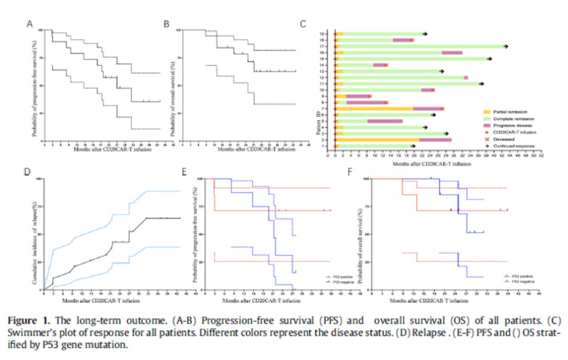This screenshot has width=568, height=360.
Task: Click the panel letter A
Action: point(28,24)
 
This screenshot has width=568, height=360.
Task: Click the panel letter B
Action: point(167,24)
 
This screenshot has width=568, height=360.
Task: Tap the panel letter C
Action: point(303,24)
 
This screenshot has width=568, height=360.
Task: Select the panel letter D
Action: point(27,172)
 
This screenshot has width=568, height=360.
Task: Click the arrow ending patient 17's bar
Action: point(505,46)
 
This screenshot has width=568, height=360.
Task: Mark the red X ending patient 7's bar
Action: point(442,108)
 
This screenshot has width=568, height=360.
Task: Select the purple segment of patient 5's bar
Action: point(385,121)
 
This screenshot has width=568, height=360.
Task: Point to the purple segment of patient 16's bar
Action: point(451,53)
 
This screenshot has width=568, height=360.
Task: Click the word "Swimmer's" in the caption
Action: point(27,333)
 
